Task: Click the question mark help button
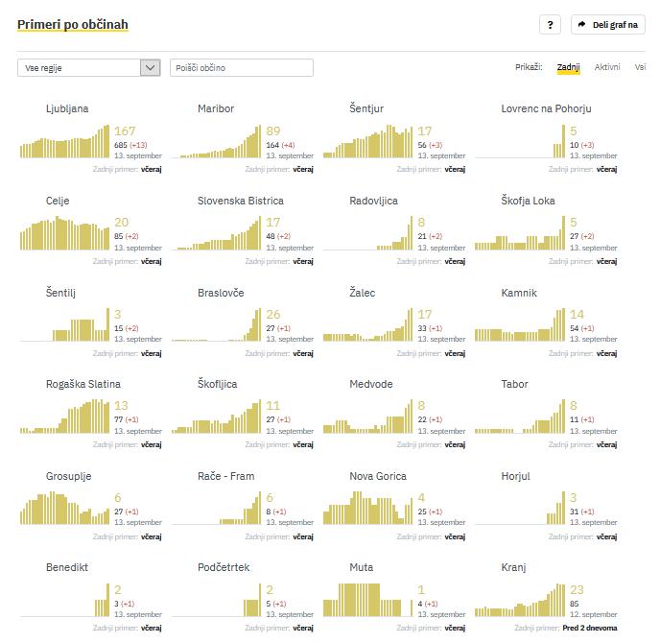pyautogui.click(x=550, y=25)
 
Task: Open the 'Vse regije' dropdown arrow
pyautogui.click(x=150, y=67)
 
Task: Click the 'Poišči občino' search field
pyautogui.click(x=242, y=67)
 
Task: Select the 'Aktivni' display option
pyautogui.click(x=607, y=67)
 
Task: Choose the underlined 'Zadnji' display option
pyautogui.click(x=569, y=67)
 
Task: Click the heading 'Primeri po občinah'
pyautogui.click(x=72, y=24)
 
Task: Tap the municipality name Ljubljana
pyautogui.click(x=67, y=108)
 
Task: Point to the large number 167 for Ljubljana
pyautogui.click(x=125, y=131)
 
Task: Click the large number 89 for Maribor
pyautogui.click(x=273, y=131)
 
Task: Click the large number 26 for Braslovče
pyautogui.click(x=273, y=315)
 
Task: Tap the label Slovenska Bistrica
pyautogui.click(x=241, y=201)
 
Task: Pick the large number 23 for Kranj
pyautogui.click(x=577, y=590)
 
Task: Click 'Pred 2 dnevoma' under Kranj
pyautogui.click(x=590, y=628)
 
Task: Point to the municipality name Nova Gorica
pyautogui.click(x=378, y=476)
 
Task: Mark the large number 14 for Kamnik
pyautogui.click(x=577, y=315)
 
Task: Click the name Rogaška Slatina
pyautogui.click(x=87, y=384)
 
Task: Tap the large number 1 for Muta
pyautogui.click(x=421, y=590)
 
